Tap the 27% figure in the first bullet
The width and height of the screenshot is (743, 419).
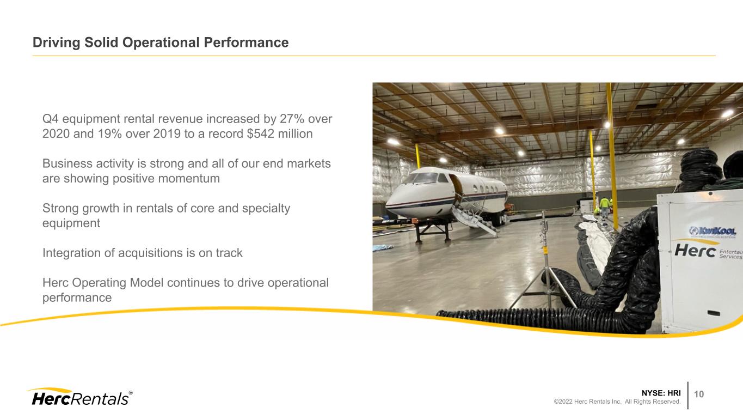[292, 119]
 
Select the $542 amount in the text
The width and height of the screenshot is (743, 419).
[260, 133]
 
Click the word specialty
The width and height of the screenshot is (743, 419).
[266, 209]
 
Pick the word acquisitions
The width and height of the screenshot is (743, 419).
[150, 253]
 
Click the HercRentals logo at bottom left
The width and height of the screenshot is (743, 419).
[79, 397]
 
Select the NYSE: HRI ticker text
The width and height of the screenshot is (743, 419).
[661, 393]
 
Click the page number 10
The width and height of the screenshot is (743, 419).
[699, 394]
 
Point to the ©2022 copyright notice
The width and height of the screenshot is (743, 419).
[617, 402]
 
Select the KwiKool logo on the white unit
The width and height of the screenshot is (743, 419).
[713, 231]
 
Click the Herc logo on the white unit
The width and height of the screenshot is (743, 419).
[695, 250]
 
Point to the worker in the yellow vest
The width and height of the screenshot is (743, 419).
[605, 207]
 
